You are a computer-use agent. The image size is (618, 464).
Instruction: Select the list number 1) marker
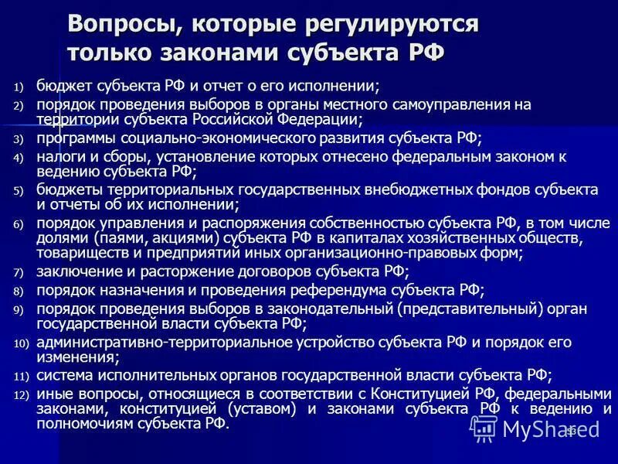click(19, 87)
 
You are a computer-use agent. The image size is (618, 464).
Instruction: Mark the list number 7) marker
click(19, 272)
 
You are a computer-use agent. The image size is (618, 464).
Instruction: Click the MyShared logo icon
click(484, 428)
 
